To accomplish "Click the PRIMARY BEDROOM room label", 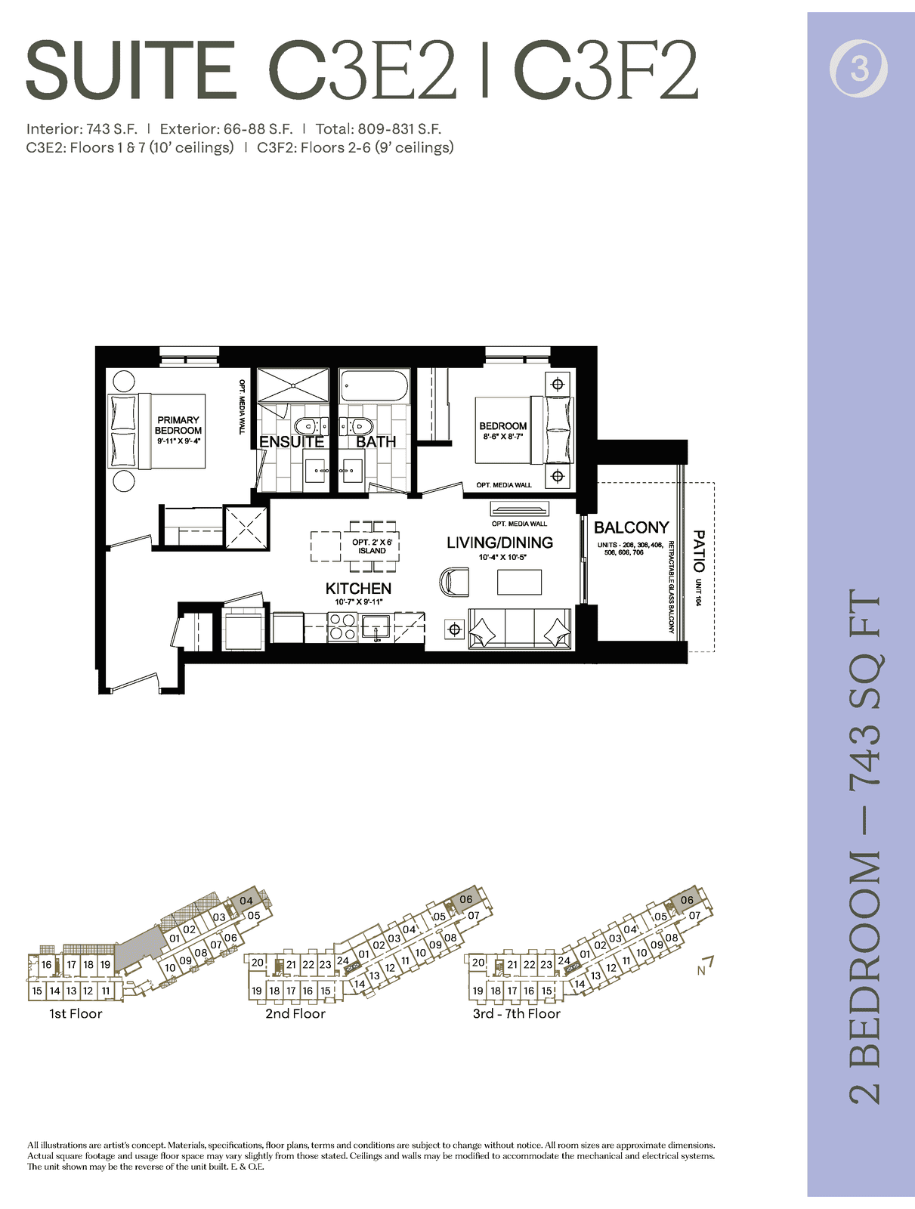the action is coord(178,425).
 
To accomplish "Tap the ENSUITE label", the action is coord(291,442).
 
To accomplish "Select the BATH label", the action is coord(376,442).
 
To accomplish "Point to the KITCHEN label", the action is coord(358,588).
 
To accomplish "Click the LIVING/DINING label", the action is coord(500,543).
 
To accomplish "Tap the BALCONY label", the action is coord(632,527).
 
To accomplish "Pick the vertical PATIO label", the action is coord(699,552).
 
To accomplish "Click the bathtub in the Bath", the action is coord(375,385).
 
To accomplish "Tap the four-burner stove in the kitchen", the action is coord(342,627).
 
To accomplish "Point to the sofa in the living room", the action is coord(520,629).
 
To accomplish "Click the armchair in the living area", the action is coord(455,582).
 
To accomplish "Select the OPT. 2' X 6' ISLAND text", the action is coord(372,546).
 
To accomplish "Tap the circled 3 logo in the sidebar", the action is coord(858,70).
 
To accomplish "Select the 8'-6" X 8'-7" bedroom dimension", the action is coord(502,437).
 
